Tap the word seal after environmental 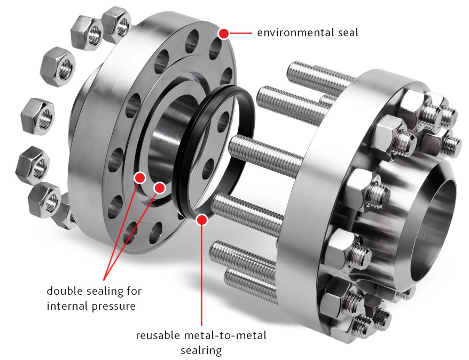(x=348, y=33)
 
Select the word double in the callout (x=64, y=291)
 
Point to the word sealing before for (x=103, y=292)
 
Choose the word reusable (x=158, y=335)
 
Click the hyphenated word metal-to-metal (x=225, y=335)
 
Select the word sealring (x=201, y=350)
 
